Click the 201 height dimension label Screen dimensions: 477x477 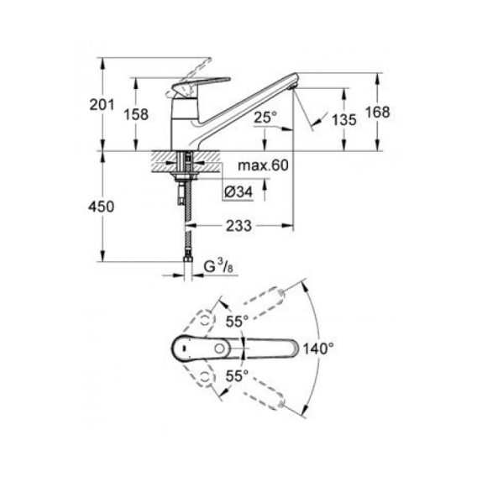102,105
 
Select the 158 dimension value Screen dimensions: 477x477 136,115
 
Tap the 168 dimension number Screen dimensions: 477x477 377,112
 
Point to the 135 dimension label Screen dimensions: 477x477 343,119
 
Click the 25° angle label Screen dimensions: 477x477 265,117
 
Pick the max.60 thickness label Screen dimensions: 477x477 263,165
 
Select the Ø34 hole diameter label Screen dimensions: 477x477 238,192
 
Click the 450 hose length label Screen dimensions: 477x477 102,207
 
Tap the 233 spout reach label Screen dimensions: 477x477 238,226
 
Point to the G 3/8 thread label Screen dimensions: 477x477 218,267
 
